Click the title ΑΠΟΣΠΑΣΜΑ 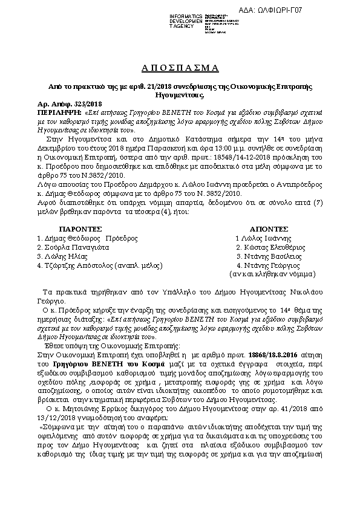point(179,66)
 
